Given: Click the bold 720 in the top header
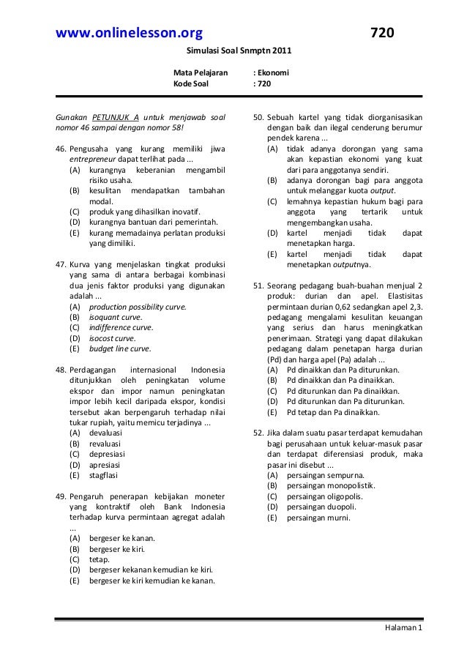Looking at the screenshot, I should (x=382, y=33).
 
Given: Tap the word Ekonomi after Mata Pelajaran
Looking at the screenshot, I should (x=274, y=74).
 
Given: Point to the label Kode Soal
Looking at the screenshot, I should (x=190, y=84).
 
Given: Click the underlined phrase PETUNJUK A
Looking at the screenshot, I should (x=116, y=117).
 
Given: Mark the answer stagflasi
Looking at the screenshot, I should (x=105, y=474).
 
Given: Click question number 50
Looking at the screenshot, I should (x=258, y=117).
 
